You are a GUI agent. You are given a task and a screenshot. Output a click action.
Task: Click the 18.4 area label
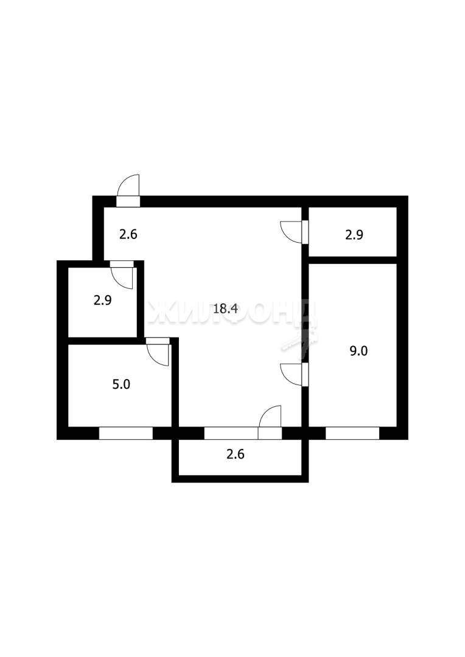click(226, 309)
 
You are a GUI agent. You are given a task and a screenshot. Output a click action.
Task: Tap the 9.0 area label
click(358, 351)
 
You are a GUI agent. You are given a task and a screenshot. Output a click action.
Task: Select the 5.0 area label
click(121, 384)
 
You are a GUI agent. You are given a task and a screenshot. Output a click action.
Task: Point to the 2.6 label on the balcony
click(235, 454)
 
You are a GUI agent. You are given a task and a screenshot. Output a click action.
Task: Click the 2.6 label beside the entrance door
click(128, 234)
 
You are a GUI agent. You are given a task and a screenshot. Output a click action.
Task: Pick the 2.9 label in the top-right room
click(354, 235)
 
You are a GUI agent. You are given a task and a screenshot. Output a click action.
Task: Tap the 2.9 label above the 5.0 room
click(102, 301)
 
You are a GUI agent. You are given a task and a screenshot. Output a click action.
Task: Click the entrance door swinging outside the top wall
click(128, 190)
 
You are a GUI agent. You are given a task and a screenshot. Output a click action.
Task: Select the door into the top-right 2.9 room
click(295, 232)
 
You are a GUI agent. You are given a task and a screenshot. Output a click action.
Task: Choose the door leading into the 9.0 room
click(295, 374)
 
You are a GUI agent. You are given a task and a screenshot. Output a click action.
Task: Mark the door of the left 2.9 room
click(122, 275)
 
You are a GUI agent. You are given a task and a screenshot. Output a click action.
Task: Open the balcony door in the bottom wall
click(270, 422)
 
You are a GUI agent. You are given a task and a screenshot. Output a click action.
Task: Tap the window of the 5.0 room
click(126, 433)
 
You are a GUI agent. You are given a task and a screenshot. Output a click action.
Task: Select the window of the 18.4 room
click(231, 433)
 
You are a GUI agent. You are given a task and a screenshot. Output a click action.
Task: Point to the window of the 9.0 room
click(352, 433)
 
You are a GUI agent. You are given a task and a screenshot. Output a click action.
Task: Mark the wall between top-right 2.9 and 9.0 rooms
click(352, 260)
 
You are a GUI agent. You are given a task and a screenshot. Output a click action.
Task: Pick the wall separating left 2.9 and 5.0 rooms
click(103, 341)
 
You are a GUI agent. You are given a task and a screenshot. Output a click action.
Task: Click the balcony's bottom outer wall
click(240, 479)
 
